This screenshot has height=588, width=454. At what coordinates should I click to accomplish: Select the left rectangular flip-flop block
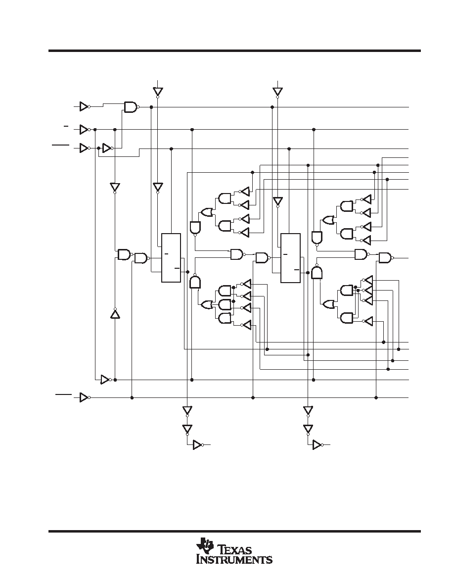click(x=171, y=258)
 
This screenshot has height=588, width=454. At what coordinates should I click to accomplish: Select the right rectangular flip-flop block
click(x=290, y=258)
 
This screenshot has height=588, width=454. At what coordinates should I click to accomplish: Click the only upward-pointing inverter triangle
click(x=115, y=313)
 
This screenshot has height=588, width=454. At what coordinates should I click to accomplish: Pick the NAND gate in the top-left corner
click(x=131, y=107)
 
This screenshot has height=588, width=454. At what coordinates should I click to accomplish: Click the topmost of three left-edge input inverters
click(x=84, y=106)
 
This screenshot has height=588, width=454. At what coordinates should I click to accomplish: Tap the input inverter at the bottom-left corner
click(x=84, y=397)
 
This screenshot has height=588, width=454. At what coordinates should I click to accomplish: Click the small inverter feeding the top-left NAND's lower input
click(x=107, y=148)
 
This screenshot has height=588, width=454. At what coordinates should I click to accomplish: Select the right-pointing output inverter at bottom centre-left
click(x=198, y=445)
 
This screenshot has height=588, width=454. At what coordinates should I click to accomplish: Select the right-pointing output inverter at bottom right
click(x=318, y=445)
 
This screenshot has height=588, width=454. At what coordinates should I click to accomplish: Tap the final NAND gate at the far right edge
click(x=386, y=258)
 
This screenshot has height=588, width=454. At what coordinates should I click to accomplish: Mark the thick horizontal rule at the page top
click(x=234, y=50)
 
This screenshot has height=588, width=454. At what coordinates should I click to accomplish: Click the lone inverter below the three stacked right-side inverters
click(x=368, y=321)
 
